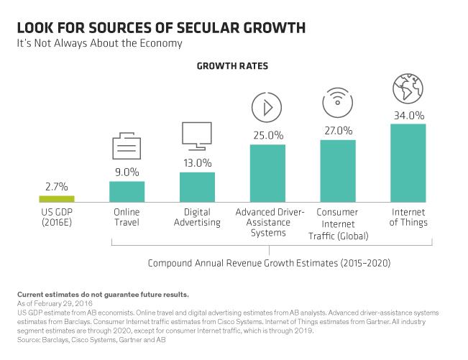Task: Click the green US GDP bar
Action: coord(56,198)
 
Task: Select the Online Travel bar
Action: coord(127,191)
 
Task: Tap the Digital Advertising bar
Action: coord(197,187)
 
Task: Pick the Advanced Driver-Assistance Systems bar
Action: coord(267,173)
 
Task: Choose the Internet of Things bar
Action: coord(408,163)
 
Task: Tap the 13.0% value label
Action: coord(197,162)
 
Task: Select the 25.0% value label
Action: coord(267,134)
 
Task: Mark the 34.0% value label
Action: coord(408,114)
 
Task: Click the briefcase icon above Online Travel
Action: coord(127,147)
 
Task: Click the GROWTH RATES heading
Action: coord(233,65)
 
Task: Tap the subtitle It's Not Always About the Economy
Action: coord(100,43)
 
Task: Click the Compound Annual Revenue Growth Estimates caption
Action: coord(269,263)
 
